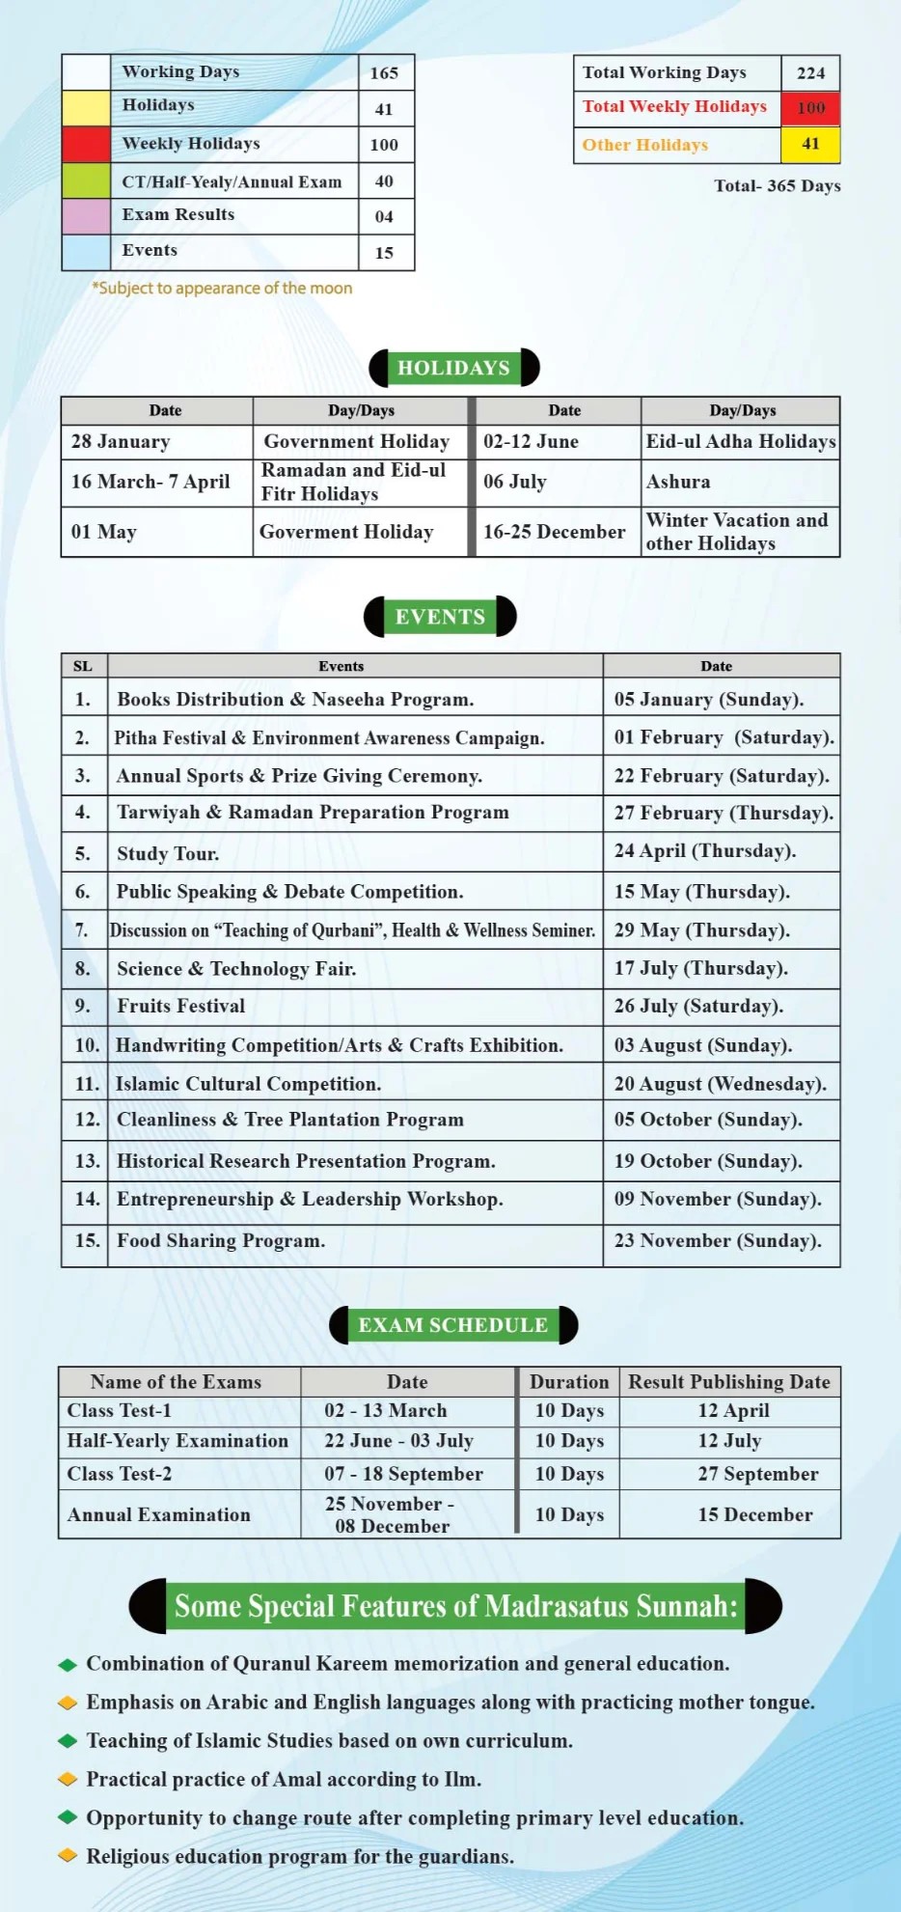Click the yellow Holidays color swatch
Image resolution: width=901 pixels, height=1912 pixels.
(86, 108)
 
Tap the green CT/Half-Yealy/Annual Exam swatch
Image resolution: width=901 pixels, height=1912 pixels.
(86, 180)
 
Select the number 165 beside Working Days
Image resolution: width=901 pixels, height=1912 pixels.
(384, 73)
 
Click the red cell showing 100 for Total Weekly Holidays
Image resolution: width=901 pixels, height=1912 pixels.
(810, 108)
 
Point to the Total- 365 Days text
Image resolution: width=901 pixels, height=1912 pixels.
(777, 186)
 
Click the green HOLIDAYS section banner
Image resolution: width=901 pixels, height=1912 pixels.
(453, 368)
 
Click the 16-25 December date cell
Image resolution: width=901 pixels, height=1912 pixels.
(554, 532)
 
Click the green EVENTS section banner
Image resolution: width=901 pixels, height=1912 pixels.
(440, 617)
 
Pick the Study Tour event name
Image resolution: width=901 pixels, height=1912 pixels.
(168, 853)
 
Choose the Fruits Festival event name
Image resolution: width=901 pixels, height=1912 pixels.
(181, 1006)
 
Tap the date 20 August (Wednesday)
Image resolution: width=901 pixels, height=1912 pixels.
(720, 1084)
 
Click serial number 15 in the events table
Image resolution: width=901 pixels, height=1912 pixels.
(87, 1240)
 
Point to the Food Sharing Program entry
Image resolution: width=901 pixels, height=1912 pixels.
(221, 1240)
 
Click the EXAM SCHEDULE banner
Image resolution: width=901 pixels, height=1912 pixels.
(453, 1325)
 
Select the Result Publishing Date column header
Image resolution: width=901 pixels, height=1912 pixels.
(729, 1382)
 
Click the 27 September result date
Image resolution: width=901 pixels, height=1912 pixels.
(758, 1474)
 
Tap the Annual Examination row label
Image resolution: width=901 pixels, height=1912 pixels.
(159, 1515)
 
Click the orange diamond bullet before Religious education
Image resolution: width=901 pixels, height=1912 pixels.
(68, 1855)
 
